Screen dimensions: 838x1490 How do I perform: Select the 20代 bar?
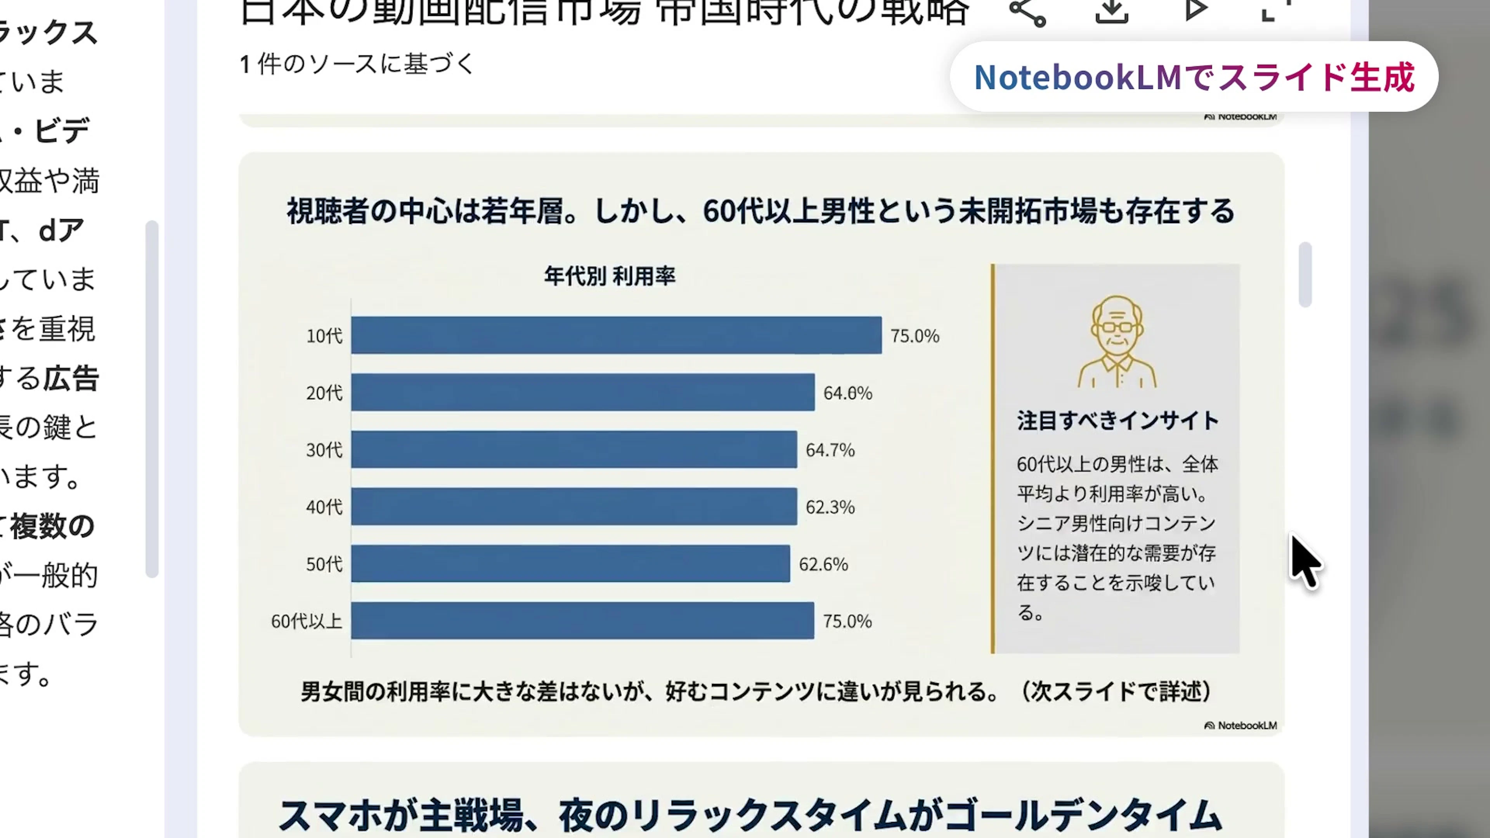click(582, 392)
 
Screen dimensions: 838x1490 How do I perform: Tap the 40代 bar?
click(574, 507)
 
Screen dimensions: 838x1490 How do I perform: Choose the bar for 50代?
click(570, 563)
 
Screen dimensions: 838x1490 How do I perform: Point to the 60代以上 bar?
click(582, 621)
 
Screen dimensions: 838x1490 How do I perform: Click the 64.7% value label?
click(830, 450)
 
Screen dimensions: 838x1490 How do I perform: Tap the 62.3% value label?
click(830, 507)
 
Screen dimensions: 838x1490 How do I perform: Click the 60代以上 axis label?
click(307, 621)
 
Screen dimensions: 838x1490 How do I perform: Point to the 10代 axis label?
click(324, 336)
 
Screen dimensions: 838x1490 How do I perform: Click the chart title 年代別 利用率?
click(610, 276)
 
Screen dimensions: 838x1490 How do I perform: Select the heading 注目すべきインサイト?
click(1117, 421)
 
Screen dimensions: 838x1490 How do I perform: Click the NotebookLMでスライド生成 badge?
click(1194, 77)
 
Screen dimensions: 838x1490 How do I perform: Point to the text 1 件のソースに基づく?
click(357, 64)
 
